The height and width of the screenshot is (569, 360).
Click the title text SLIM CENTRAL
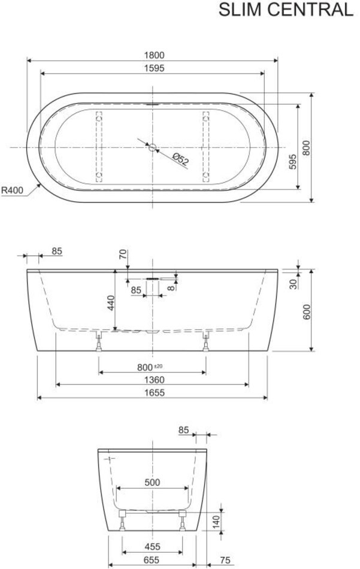[x=286, y=10]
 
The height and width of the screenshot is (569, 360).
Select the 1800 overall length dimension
[x=154, y=55]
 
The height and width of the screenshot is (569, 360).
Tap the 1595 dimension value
[x=154, y=68]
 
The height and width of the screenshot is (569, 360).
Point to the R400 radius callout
[x=13, y=190]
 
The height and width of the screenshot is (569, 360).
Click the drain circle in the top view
[x=152, y=147]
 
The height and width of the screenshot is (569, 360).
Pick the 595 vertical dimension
[x=294, y=162]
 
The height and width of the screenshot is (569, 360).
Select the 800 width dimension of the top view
[x=307, y=148]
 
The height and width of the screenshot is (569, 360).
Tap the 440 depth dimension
[x=111, y=303]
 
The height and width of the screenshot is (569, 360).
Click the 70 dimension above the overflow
[x=123, y=255]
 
